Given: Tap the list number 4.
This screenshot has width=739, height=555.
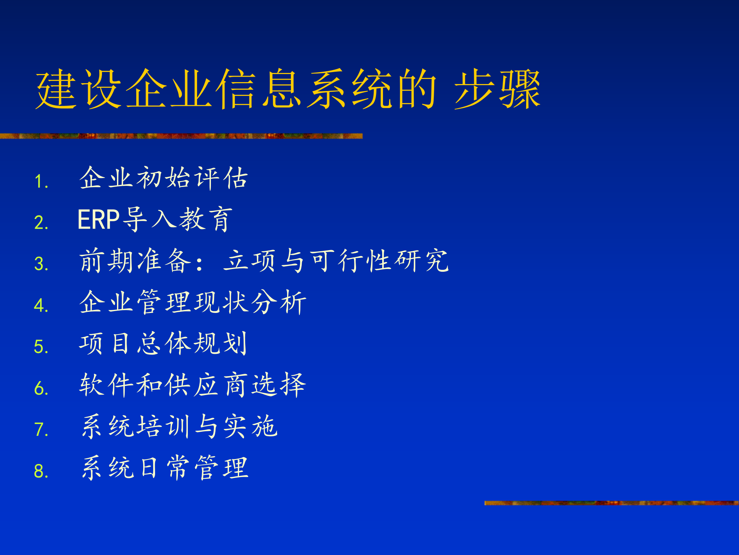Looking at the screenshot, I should pos(40,306).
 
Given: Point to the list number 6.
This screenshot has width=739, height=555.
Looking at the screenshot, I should pos(40,388).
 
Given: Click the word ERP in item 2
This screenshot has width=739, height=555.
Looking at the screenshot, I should pos(99,220).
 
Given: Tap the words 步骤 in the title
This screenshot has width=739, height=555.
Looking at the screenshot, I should pos(497,89).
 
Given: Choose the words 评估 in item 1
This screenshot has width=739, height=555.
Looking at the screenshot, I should pos(221,178).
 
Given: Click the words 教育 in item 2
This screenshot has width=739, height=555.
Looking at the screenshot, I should pos(206,219).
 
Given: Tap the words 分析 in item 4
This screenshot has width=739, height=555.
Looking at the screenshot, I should pos(279,302).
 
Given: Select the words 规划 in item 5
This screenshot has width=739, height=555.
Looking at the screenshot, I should pos(221,343).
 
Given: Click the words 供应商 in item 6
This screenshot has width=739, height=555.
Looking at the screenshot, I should pos(206,385).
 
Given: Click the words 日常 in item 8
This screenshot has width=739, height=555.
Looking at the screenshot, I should pos(163,468).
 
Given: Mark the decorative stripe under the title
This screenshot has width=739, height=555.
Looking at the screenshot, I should pos(181,136).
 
